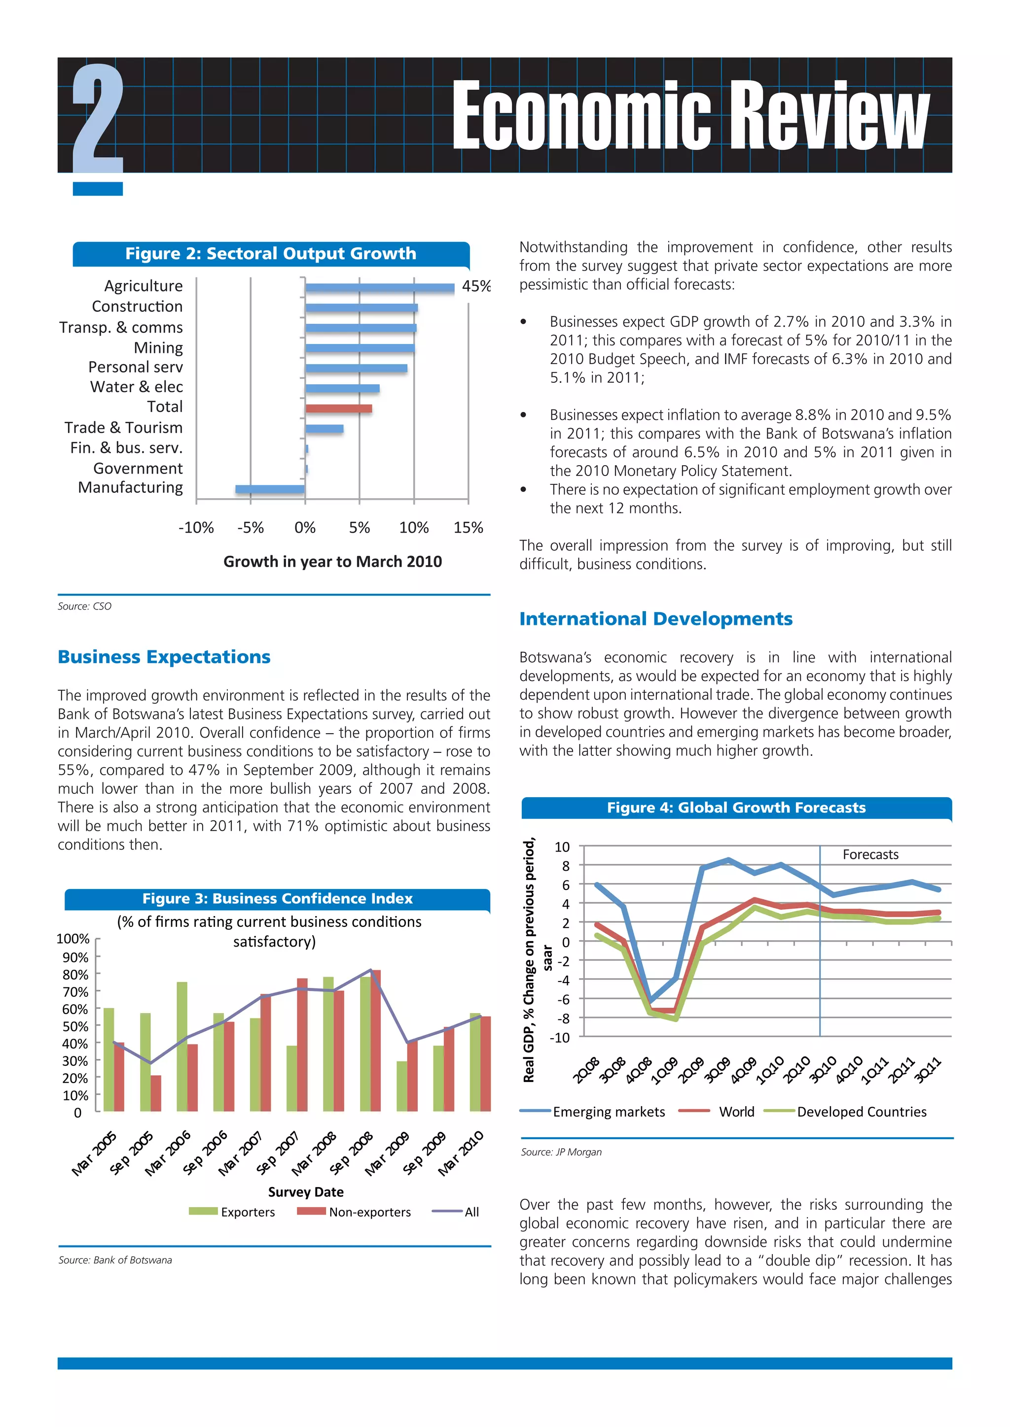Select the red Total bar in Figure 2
click(x=338, y=408)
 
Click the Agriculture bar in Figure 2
click(x=379, y=288)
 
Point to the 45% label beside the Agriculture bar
click(x=476, y=286)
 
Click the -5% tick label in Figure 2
click(x=250, y=528)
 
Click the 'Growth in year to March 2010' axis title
click(x=333, y=562)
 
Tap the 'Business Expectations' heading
click(x=164, y=657)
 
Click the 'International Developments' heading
click(x=655, y=619)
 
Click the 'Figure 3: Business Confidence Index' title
click(x=277, y=899)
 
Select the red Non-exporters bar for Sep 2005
click(x=155, y=1093)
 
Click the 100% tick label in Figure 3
click(x=73, y=939)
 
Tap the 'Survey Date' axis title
click(x=305, y=1192)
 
